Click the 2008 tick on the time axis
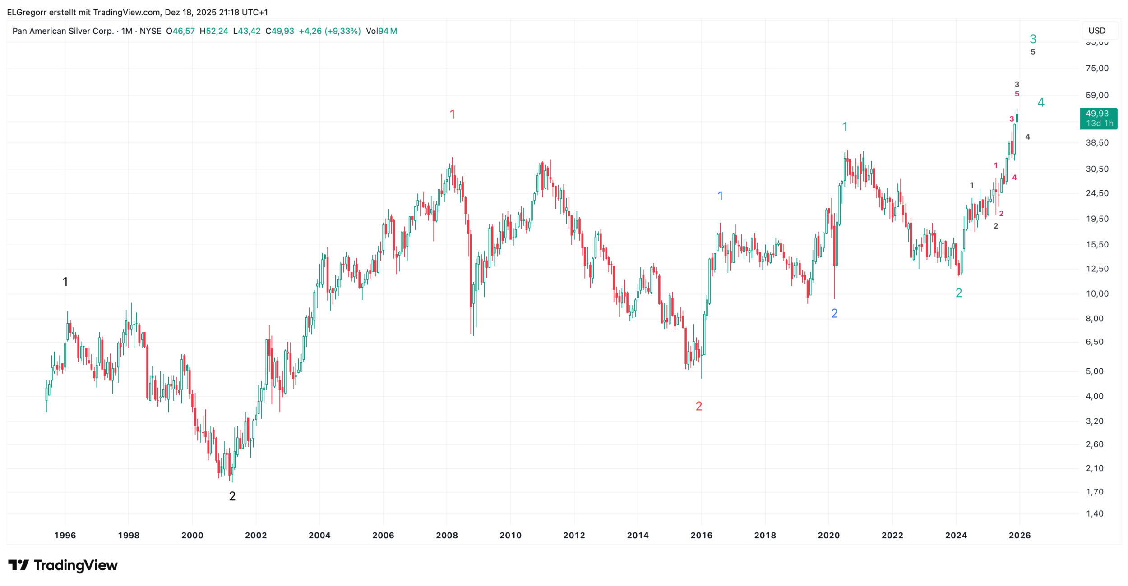click(447, 535)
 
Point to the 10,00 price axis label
click(1097, 294)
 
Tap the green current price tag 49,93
click(1098, 119)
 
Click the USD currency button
click(1097, 31)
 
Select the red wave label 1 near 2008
click(453, 114)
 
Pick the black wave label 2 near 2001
click(232, 496)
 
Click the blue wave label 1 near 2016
click(720, 196)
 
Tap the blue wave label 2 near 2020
click(834, 313)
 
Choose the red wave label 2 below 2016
click(699, 406)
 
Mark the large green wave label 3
click(1033, 39)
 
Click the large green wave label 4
click(1041, 102)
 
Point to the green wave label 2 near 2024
click(959, 293)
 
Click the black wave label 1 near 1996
click(65, 282)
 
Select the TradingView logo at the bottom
click(63, 565)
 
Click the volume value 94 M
click(387, 31)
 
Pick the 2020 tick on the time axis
click(829, 535)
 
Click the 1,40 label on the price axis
click(1095, 513)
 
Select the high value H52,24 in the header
click(214, 31)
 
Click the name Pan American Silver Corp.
click(63, 31)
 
